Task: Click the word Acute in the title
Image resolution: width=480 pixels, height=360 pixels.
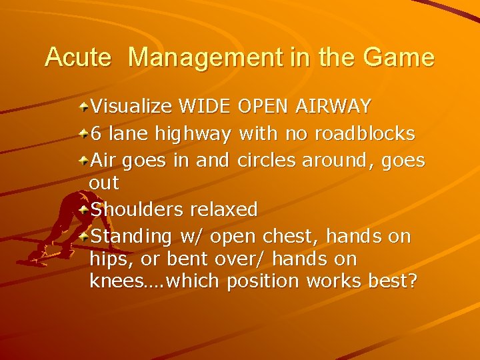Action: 78,57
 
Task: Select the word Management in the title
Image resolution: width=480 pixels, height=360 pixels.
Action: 204,57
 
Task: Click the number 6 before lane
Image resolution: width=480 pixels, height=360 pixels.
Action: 96,134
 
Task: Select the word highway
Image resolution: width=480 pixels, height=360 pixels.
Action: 193,135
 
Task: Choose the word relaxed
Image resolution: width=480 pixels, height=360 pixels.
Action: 224,209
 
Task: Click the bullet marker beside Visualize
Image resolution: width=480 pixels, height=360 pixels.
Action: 84,106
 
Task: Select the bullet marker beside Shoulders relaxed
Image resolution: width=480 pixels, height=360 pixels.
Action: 84,209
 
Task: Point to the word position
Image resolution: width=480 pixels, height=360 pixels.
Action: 263,282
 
